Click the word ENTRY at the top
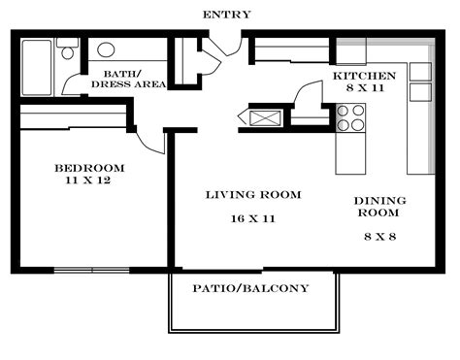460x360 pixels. click(x=226, y=15)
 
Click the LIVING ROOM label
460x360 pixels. click(x=253, y=195)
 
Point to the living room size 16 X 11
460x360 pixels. click(x=253, y=218)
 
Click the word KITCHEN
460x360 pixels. click(x=364, y=76)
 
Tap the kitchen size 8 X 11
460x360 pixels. click(x=364, y=89)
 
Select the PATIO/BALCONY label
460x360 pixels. click(x=250, y=288)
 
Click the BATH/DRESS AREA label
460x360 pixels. click(x=127, y=79)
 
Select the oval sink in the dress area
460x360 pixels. click(x=106, y=49)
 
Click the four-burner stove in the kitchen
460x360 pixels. click(x=350, y=117)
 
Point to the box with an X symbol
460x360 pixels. click(x=263, y=118)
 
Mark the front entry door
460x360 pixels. click(x=226, y=45)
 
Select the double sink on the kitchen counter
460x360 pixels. click(x=419, y=82)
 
